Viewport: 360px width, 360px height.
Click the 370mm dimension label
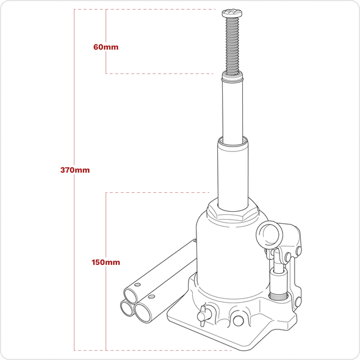point(75,170)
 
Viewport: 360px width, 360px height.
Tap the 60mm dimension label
point(106,47)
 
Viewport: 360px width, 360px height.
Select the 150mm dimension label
point(106,262)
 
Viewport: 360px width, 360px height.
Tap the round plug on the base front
point(237,317)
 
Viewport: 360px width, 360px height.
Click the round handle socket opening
point(269,233)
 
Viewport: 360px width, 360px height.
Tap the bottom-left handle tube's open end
point(128,308)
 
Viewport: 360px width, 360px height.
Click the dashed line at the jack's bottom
point(153,350)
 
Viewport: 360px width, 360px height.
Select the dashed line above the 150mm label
point(159,192)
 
